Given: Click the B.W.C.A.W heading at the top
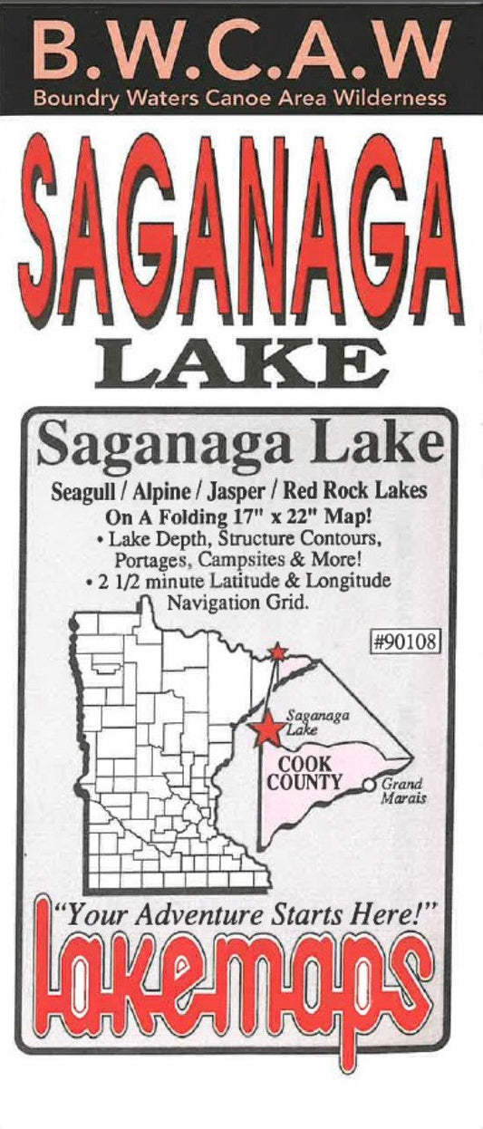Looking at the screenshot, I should click(241, 50).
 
